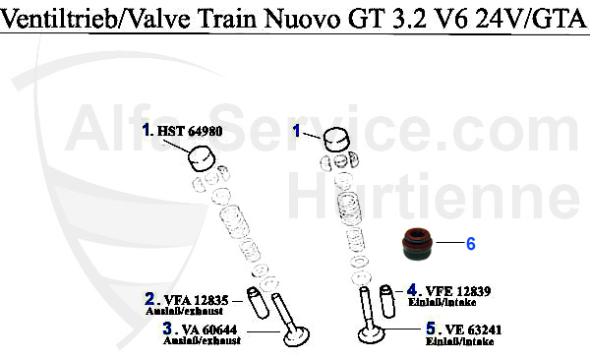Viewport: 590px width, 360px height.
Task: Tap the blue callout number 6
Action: click(470, 243)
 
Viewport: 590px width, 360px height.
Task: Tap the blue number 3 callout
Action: click(167, 328)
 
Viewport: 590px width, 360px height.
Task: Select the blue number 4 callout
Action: click(413, 290)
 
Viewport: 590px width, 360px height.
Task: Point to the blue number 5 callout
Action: click(431, 330)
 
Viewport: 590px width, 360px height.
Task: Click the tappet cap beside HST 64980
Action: click(202, 155)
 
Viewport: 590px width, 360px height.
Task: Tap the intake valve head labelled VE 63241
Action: click(371, 337)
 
